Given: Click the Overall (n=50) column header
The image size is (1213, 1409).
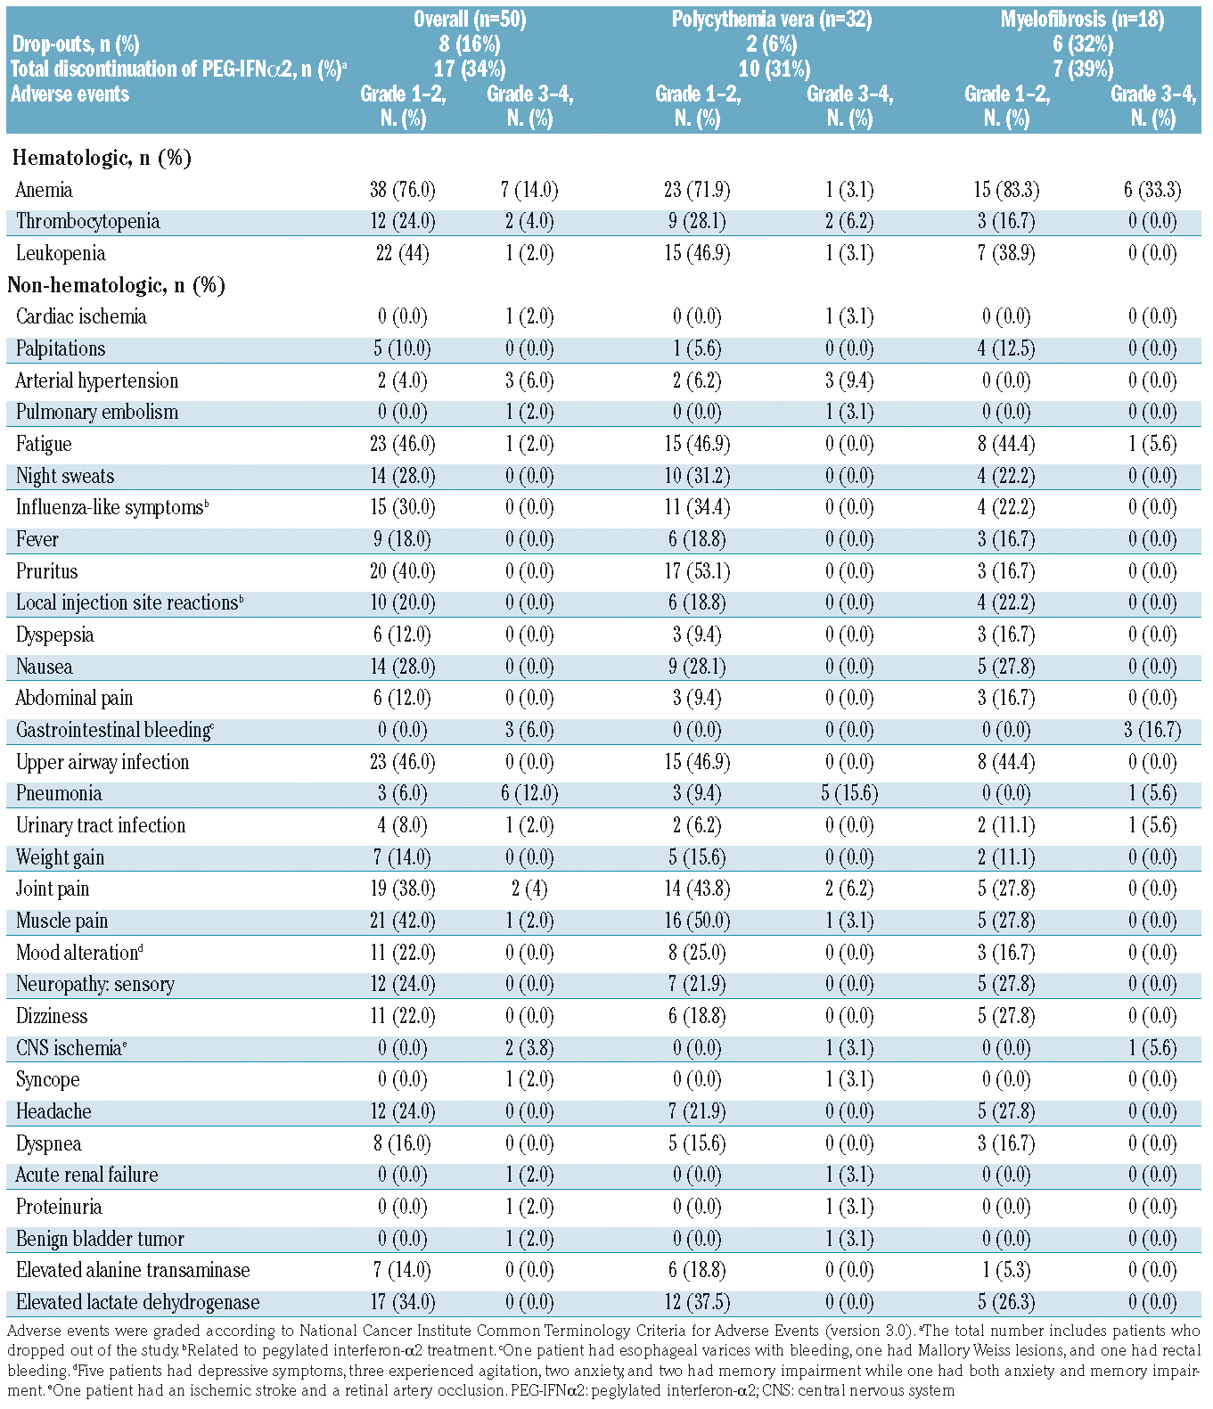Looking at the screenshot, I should point(469,20).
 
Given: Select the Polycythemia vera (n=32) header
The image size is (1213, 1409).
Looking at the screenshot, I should point(772,20).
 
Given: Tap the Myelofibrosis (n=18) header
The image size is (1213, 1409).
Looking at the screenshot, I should point(1082,20).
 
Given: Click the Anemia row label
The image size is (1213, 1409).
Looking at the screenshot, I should point(45,190).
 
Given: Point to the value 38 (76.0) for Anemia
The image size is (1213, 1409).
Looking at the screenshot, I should point(403,190).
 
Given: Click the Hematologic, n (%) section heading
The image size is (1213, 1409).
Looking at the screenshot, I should point(102,158).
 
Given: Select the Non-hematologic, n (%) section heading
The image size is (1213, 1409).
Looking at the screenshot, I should point(116,285).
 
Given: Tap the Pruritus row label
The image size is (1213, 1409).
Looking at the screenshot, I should point(46,571).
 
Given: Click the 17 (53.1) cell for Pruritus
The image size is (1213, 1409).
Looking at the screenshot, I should point(699,571).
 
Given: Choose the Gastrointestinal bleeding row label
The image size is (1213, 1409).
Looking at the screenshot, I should point(114,730).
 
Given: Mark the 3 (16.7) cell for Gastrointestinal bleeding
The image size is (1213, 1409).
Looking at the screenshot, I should point(1152,730).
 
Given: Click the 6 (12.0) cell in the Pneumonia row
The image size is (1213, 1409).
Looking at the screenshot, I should point(529,793).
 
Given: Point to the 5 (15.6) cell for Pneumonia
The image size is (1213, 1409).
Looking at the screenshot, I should point(849,793).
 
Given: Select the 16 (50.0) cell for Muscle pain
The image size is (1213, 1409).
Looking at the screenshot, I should point(699,921).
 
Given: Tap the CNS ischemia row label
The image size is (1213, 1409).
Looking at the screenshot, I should point(70,1048).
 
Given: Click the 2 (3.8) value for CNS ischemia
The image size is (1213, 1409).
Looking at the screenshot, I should point(529,1048).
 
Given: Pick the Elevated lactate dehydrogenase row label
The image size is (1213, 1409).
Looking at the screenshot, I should point(138,1302).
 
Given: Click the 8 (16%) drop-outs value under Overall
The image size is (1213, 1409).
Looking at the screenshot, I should point(469,45).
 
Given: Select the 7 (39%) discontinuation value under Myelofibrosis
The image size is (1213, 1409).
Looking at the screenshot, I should point(1082,70).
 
